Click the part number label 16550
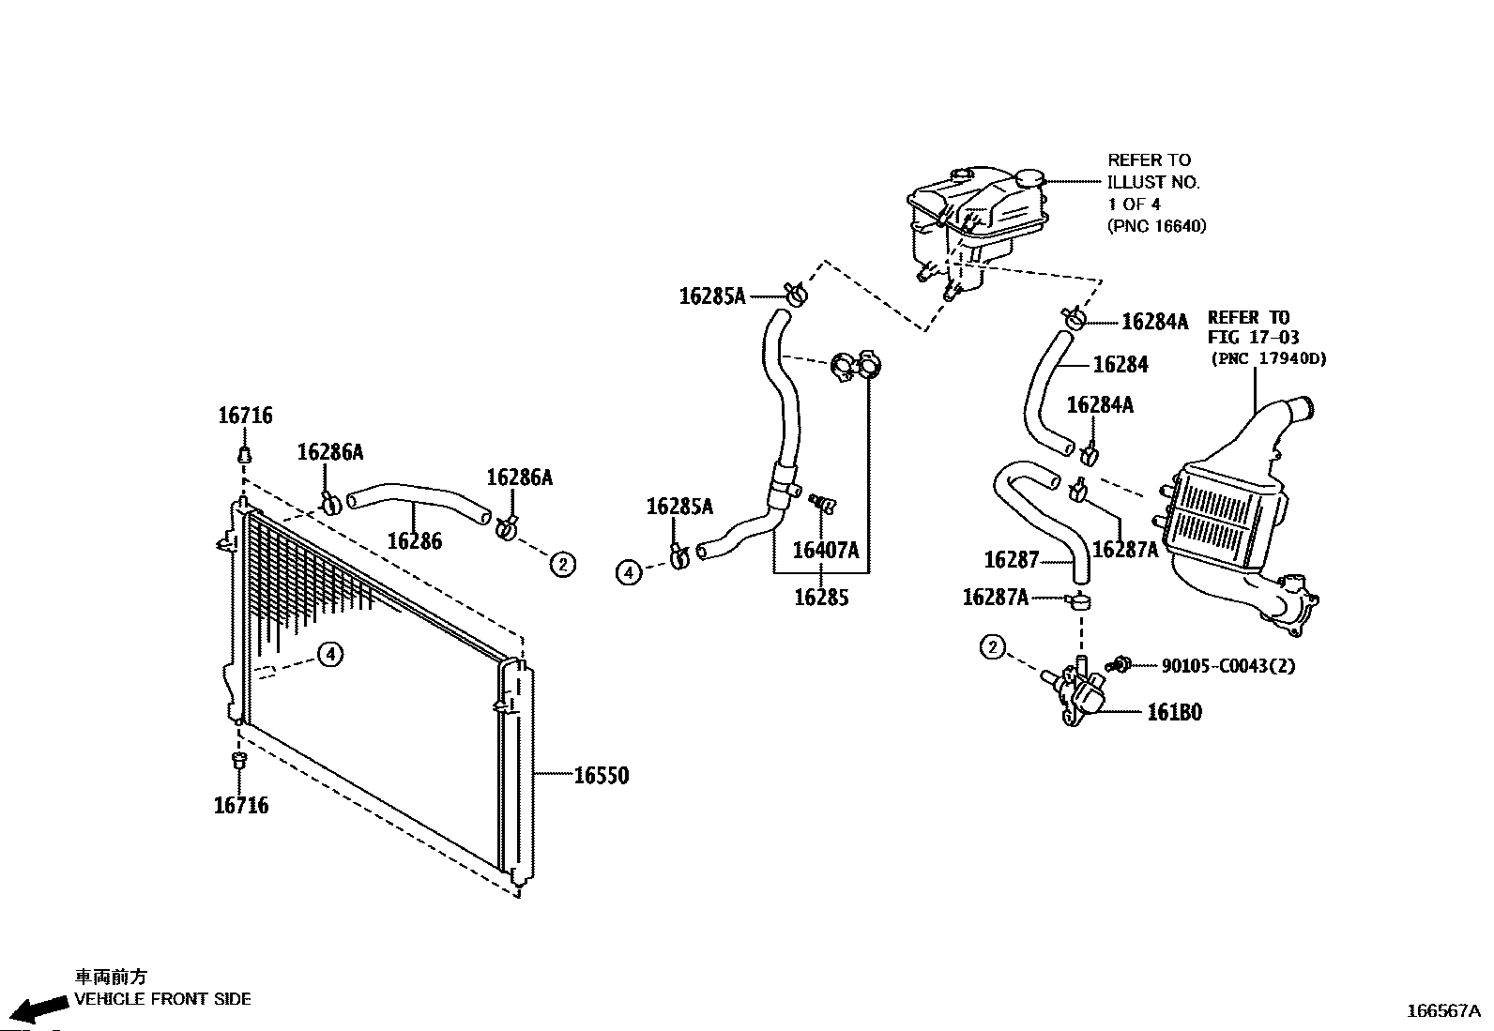pos(602,776)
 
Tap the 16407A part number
pos(826,550)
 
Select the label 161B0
pos(1175,712)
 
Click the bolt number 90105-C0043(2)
pos(1228,665)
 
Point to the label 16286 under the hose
pos(415,541)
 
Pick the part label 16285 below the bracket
pos(822,598)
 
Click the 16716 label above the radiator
pos(246,416)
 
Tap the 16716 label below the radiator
pos(241,806)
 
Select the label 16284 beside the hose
pos(1121,365)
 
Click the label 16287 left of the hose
pos(1012,559)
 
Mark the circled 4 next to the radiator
pos(330,654)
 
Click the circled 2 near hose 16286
pos(563,565)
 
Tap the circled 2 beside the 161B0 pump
pos(993,647)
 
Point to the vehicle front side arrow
pos(38,1009)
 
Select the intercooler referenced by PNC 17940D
pos(1235,517)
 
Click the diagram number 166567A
pos(1443,1011)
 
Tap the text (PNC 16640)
pos(1157,226)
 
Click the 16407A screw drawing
pos(822,504)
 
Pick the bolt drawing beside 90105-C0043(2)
pos(1118,664)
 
